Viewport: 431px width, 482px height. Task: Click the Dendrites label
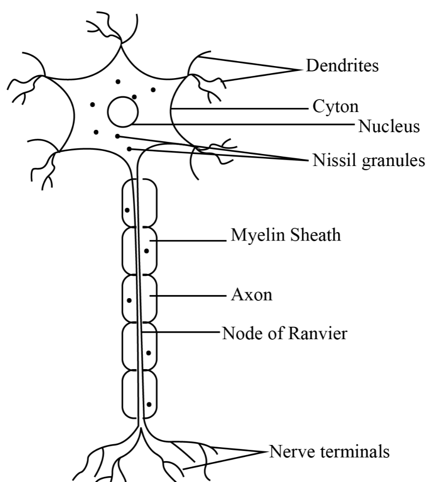coord(342,66)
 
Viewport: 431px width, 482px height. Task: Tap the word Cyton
coord(335,107)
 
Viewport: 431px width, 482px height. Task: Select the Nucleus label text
coord(389,126)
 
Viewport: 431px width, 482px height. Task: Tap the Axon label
coord(251,295)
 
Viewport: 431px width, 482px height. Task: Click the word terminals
coord(355,451)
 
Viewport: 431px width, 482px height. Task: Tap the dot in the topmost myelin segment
coord(127,209)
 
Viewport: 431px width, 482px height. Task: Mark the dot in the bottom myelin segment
coord(149,404)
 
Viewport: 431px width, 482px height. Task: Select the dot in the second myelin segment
coord(146,251)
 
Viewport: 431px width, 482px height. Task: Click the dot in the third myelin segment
coord(129,300)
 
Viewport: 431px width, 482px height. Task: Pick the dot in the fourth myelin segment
coord(148,353)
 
